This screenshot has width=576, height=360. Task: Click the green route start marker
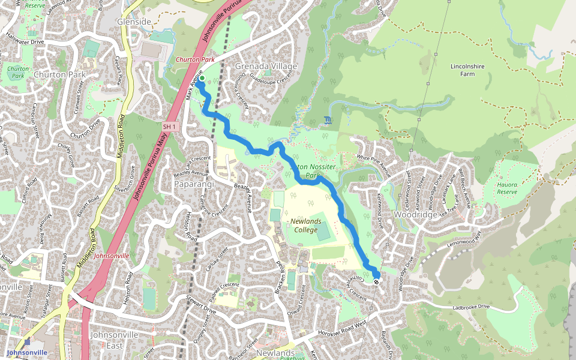point(202,79)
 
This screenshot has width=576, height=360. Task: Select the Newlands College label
point(309,225)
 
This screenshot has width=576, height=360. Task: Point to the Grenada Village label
point(266,66)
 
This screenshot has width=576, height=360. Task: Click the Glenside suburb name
point(134,21)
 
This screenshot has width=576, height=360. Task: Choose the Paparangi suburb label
point(194,184)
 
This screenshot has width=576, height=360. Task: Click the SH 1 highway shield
point(170,126)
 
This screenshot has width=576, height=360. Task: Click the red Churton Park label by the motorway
point(195,60)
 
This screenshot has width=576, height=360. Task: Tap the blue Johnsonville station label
point(26,352)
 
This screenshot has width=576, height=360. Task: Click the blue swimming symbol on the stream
point(326,121)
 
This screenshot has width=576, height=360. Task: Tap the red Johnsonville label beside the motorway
point(112,256)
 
